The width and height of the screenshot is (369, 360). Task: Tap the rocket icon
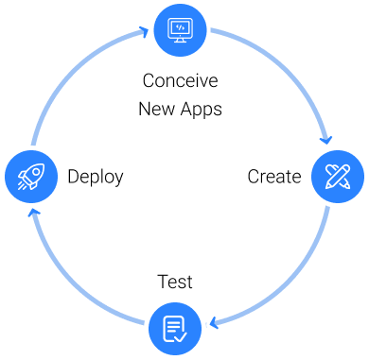(x=30, y=177)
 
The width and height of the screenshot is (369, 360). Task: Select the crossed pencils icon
(x=338, y=177)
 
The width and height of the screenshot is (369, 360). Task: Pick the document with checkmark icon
(x=175, y=329)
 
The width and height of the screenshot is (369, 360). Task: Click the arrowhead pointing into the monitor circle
(x=144, y=31)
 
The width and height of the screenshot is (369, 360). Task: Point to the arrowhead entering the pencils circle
(x=326, y=141)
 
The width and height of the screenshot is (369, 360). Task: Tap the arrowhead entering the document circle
(x=213, y=325)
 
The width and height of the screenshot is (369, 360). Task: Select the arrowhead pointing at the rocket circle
(x=34, y=214)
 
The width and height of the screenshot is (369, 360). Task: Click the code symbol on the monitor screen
(x=180, y=27)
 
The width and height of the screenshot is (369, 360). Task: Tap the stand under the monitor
(x=180, y=39)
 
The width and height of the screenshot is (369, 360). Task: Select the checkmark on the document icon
(x=181, y=335)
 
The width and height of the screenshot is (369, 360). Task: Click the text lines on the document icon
(x=172, y=326)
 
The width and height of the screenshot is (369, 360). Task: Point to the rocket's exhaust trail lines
(x=22, y=185)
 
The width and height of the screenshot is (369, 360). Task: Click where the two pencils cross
(x=338, y=177)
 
